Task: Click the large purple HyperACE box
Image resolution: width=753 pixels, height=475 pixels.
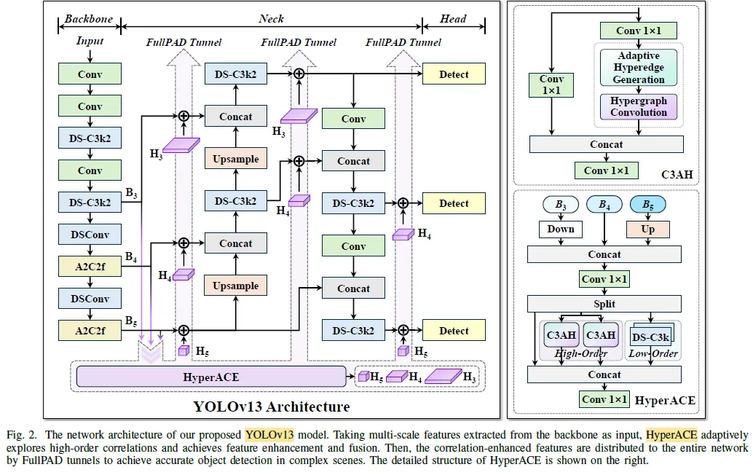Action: point(210,377)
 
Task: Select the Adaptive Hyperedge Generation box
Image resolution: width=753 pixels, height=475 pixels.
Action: point(639,67)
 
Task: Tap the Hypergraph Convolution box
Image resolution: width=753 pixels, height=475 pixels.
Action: point(639,107)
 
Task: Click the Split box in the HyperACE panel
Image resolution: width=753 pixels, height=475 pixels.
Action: point(604,304)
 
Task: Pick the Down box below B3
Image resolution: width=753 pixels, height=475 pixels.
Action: point(561,229)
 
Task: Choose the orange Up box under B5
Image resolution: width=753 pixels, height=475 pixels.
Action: point(647,229)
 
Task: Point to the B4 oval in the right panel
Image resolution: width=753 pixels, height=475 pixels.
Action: point(604,205)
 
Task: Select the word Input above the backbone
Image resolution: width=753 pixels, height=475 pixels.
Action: point(90,42)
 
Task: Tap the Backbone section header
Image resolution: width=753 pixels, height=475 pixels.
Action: point(89,18)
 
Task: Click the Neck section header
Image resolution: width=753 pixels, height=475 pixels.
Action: point(271,18)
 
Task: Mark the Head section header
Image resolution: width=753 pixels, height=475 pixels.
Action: point(453,18)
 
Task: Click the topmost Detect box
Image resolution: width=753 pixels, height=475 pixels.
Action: point(454,74)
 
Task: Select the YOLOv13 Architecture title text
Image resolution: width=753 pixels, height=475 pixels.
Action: point(271,407)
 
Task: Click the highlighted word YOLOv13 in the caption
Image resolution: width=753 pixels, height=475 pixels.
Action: point(269,435)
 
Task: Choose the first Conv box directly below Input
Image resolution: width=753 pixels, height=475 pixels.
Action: point(90,74)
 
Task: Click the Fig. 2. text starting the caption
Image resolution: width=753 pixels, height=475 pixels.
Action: point(19,435)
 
